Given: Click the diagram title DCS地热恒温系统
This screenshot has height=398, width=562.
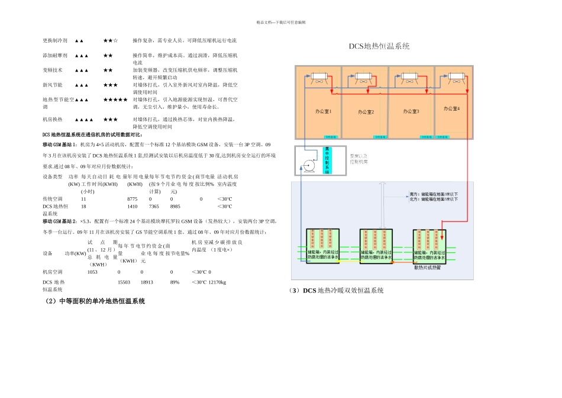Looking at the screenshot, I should click(379, 46).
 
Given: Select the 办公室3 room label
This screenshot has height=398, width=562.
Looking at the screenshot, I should click(411, 111).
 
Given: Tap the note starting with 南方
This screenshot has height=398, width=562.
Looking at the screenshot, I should click(434, 194).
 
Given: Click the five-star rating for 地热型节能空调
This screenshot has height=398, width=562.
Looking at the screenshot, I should click(115, 99).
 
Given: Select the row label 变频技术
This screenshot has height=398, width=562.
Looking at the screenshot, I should click(53, 70).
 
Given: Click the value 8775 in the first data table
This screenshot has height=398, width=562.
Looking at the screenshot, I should click(132, 199).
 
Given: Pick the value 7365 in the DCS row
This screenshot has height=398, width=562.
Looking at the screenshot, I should click(154, 207).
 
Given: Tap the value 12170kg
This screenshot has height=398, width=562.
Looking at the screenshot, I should click(217, 283).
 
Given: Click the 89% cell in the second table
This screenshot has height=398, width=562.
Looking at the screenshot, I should click(175, 283).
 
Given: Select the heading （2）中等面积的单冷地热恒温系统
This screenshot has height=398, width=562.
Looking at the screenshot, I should click(95, 301).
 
